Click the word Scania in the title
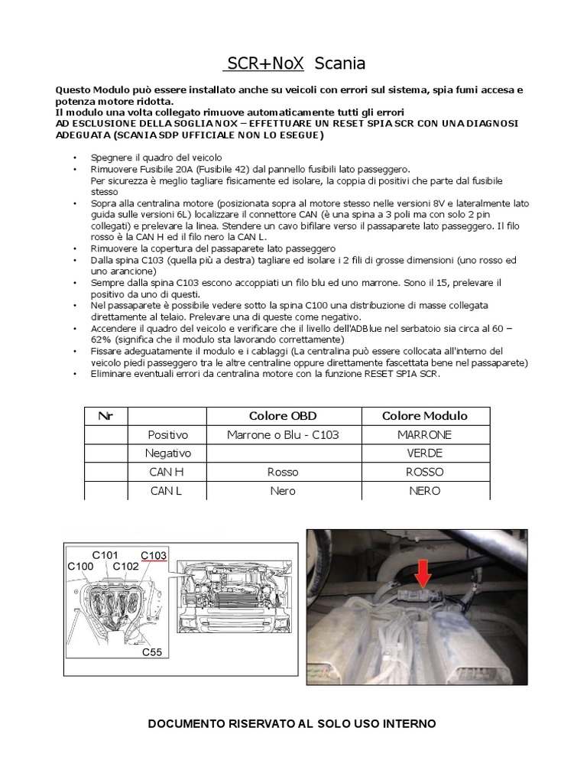tap(340, 63)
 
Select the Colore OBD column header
tap(283, 416)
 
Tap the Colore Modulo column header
tap(424, 416)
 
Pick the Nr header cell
tap(105, 416)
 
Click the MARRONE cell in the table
tap(424, 434)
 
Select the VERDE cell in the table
tap(424, 453)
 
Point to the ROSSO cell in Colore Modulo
tap(424, 472)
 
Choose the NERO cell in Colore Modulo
tap(424, 491)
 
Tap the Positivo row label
tap(167, 434)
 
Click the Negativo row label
tap(167, 453)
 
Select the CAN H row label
tap(167, 472)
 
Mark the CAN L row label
tap(167, 491)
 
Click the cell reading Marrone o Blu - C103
tap(283, 434)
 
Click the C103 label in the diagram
tap(154, 555)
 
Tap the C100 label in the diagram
tap(81, 567)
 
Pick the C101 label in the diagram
tap(105, 555)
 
